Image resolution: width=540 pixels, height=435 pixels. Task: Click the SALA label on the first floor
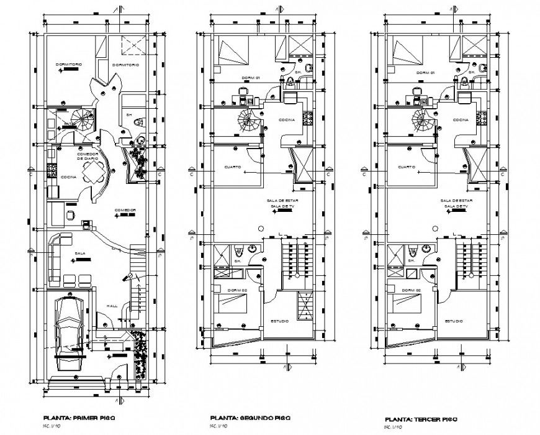(x=80, y=254)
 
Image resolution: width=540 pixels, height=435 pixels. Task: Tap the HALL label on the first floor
(x=112, y=306)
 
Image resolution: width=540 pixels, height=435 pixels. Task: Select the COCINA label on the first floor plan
(x=68, y=177)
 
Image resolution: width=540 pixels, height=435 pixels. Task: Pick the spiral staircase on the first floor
(x=82, y=118)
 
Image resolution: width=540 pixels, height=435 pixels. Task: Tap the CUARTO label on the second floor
(x=233, y=167)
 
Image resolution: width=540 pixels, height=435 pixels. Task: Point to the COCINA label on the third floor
(x=460, y=119)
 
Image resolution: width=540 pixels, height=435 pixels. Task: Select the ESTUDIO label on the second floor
(x=281, y=321)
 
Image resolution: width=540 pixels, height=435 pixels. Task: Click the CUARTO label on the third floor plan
(x=407, y=167)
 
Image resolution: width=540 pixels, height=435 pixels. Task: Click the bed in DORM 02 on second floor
(x=234, y=305)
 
